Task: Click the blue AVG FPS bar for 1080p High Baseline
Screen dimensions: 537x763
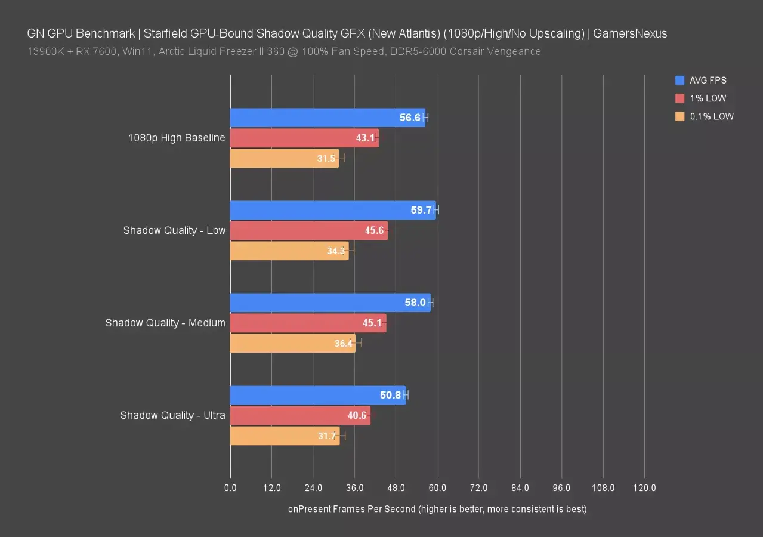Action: (x=328, y=118)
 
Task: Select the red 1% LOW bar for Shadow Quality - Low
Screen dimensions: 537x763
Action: (x=308, y=230)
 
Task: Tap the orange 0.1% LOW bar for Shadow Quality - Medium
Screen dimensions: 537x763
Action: (x=292, y=343)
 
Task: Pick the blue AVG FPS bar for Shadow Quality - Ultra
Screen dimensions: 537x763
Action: (x=317, y=395)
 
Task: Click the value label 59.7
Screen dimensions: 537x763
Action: (x=421, y=210)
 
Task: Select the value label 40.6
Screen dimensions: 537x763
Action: (x=356, y=416)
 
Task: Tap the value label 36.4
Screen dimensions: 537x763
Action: (x=344, y=343)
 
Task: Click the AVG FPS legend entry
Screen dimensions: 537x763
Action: (x=708, y=80)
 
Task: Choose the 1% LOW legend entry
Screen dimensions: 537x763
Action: (x=708, y=98)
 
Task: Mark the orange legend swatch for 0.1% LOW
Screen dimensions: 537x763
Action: (x=680, y=117)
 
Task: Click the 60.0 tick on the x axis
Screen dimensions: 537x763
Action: (x=437, y=488)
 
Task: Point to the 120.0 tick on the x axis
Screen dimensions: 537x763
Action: (x=644, y=488)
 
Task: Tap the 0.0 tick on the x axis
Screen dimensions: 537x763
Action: (x=230, y=488)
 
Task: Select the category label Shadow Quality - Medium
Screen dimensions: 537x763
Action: (x=165, y=323)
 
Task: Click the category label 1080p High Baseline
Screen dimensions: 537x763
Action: (x=177, y=138)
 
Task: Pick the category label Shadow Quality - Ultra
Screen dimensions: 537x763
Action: (x=172, y=415)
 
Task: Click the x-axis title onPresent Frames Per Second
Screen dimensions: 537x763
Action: (x=437, y=509)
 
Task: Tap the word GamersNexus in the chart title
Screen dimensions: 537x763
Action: (x=631, y=33)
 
